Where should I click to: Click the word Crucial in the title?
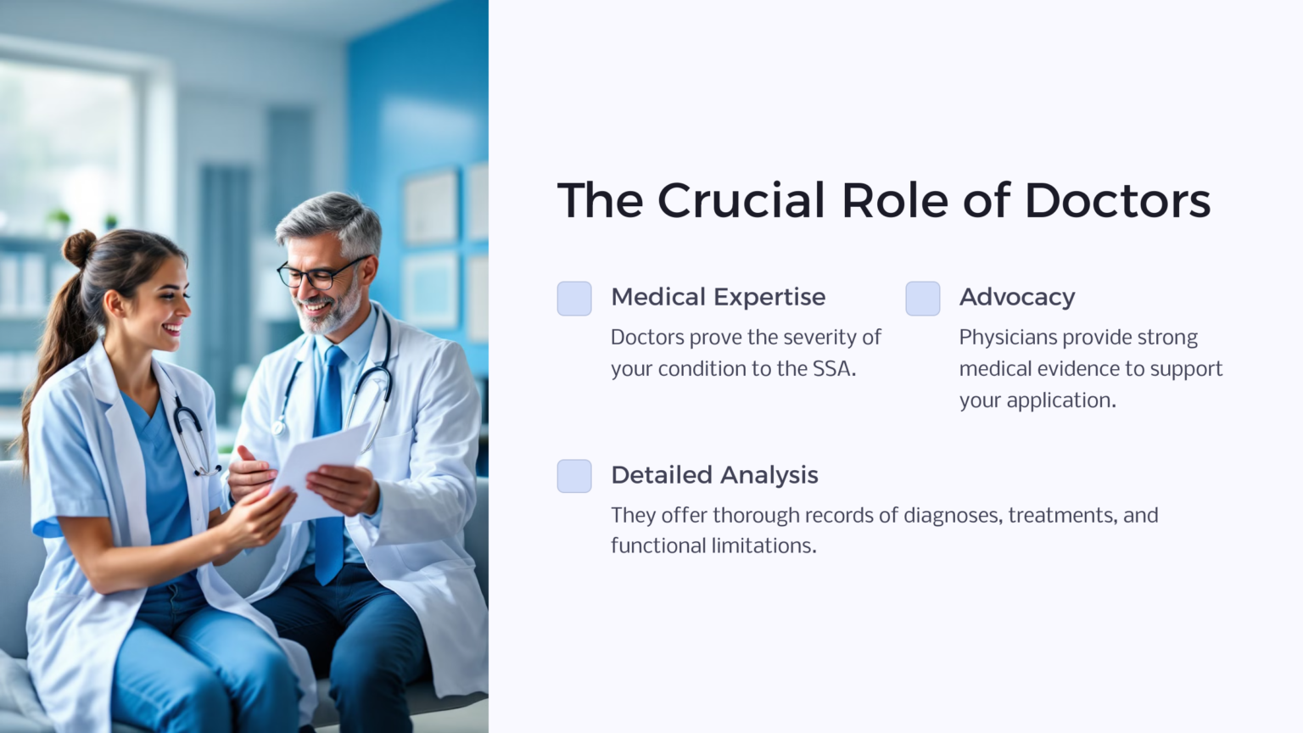[741, 201]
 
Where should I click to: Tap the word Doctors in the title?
[1117, 201]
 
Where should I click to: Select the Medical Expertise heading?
[718, 297]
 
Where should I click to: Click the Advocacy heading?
[1017, 297]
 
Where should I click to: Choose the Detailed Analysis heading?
[714, 475]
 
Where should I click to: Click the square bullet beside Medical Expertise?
[574, 299]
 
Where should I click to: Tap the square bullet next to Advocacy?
[923, 299]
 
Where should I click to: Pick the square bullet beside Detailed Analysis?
[574, 476]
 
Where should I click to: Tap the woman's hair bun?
[79, 248]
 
